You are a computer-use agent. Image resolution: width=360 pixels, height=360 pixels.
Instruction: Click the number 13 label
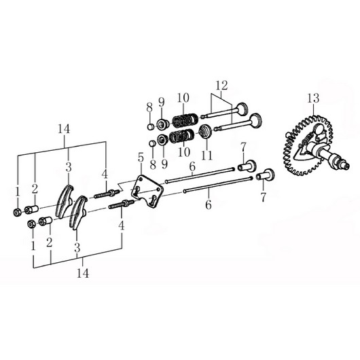tap(313, 98)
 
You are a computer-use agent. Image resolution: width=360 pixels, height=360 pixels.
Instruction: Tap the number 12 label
tap(221, 86)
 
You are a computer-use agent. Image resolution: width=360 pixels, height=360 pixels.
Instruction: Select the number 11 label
tap(207, 156)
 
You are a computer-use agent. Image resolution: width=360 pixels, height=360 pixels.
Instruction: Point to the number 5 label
tap(141, 158)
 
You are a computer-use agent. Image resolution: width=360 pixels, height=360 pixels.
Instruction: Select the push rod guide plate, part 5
tap(147, 192)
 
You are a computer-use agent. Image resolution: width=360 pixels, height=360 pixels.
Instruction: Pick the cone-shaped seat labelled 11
tap(205, 131)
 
